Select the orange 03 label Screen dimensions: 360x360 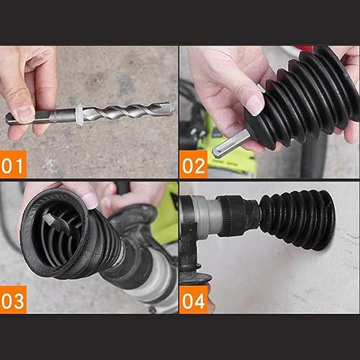[14, 299]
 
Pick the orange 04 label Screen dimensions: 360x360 [193, 299]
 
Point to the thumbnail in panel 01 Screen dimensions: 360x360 [24, 112]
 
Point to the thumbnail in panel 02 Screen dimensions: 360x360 [253, 104]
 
